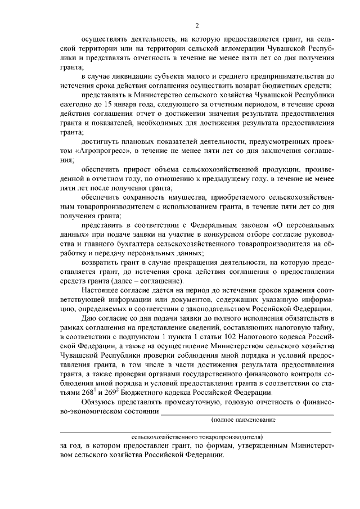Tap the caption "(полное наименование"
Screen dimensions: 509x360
point(242,420)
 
